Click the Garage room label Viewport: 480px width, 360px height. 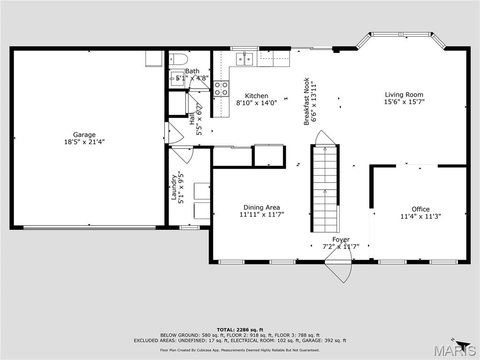[84, 135]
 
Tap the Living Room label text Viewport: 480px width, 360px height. [404, 95]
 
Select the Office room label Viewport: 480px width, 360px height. [420, 209]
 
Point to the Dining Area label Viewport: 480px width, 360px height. [262, 208]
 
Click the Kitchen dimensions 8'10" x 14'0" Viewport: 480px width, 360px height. [256, 103]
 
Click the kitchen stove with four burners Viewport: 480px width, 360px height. [221, 89]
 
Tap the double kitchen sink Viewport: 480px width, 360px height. [244, 58]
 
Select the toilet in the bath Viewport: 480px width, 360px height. [179, 59]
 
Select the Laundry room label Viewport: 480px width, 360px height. [174, 187]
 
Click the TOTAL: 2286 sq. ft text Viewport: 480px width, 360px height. [240, 330]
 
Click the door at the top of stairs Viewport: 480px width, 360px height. [325, 139]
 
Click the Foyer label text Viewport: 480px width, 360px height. [341, 240]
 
